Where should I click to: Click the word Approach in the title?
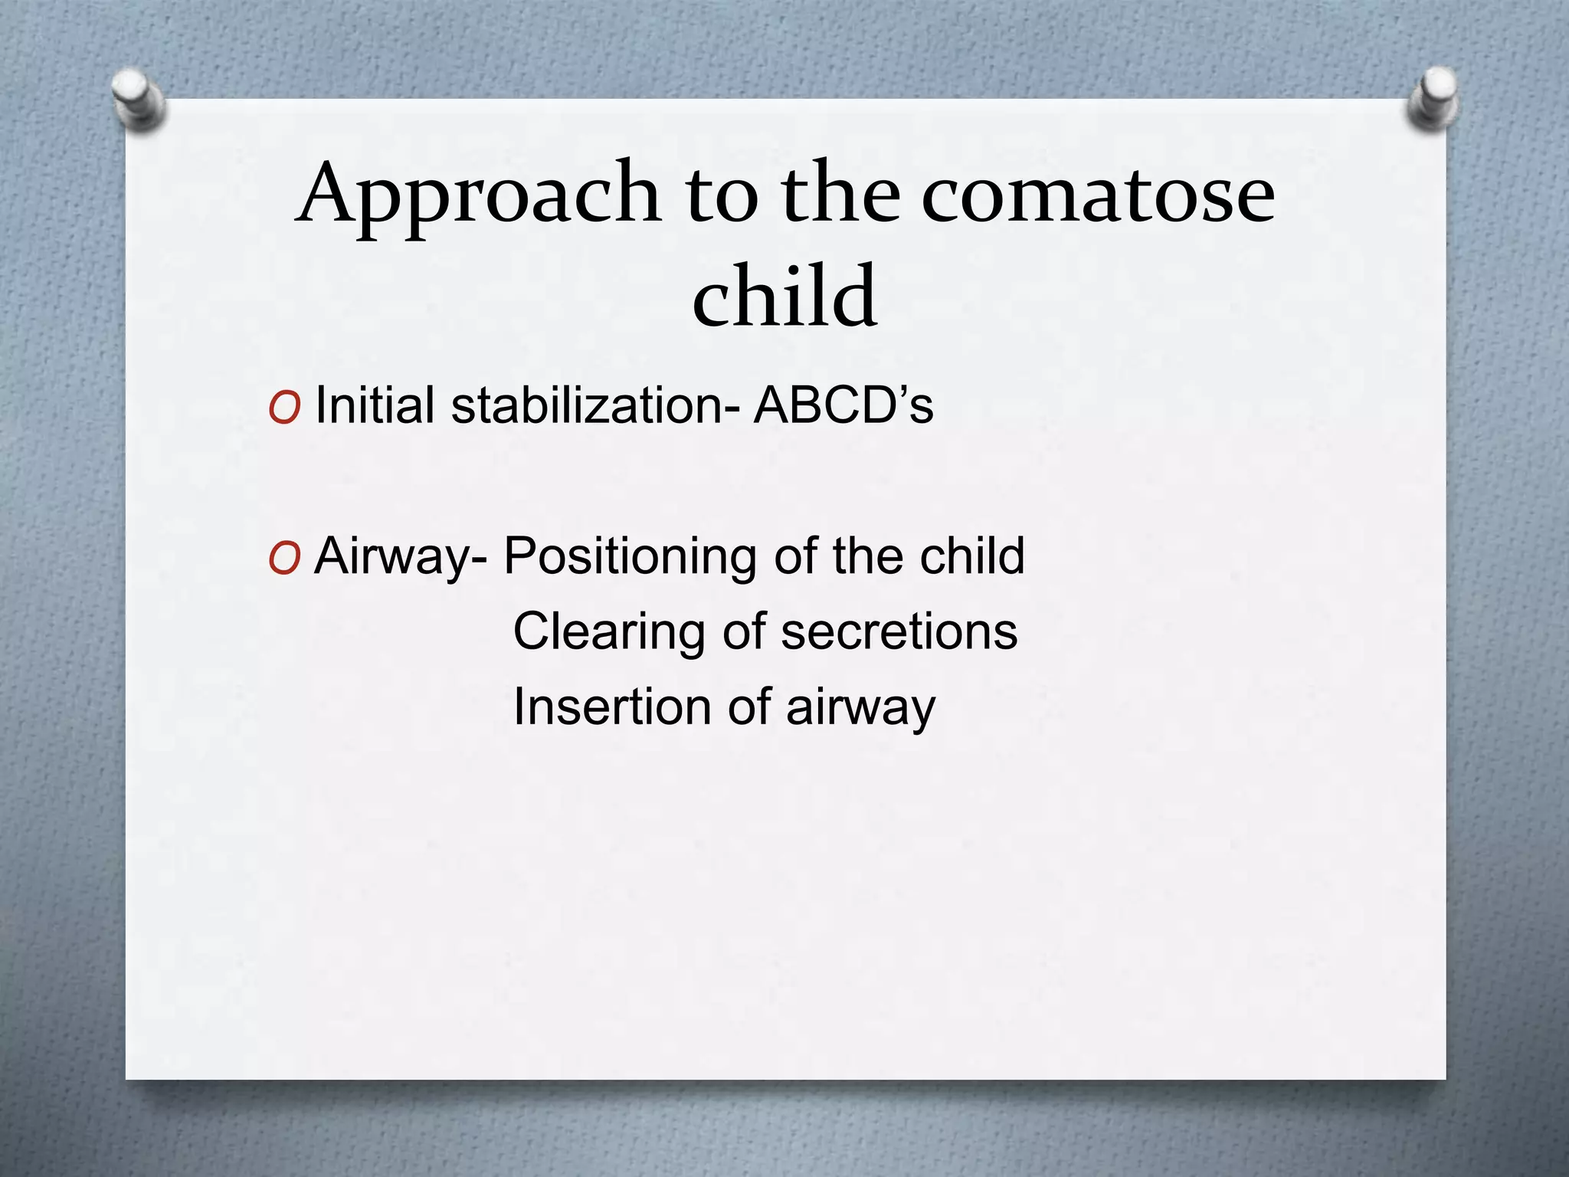click(x=479, y=195)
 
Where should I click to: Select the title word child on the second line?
click(x=784, y=295)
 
